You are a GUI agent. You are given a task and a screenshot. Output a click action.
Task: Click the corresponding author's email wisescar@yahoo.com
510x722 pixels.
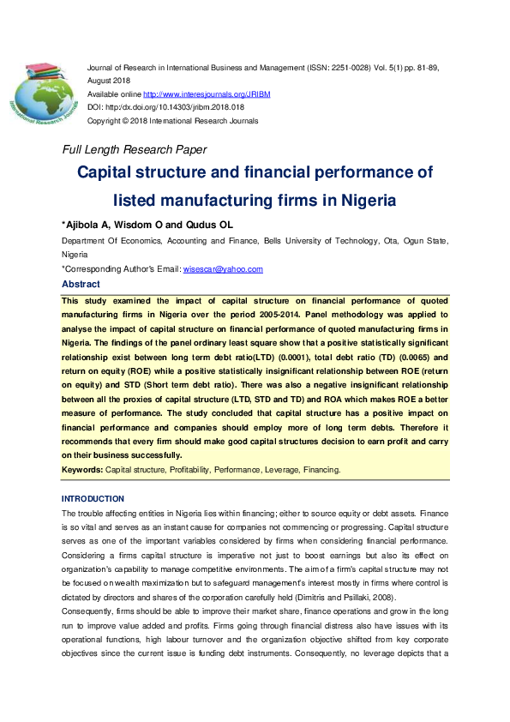(223, 269)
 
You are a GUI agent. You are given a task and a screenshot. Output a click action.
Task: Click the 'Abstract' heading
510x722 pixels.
(81, 284)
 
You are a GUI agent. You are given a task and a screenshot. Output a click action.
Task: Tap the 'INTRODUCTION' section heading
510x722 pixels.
(93, 499)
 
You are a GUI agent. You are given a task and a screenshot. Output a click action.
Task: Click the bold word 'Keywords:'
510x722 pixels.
(82, 470)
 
